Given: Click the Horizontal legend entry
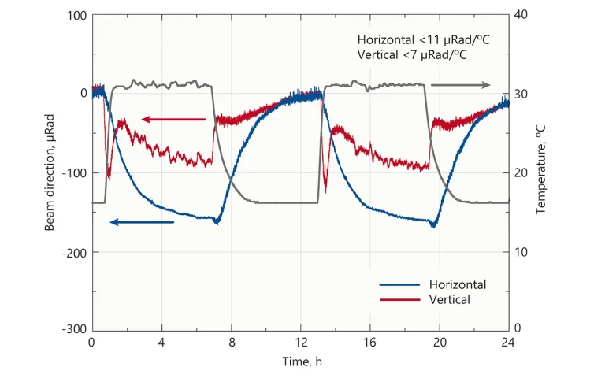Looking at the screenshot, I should click(x=457, y=284).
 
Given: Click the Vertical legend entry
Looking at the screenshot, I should click(x=450, y=299).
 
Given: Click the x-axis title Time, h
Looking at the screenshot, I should click(x=302, y=361).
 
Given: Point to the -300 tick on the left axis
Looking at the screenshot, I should click(x=74, y=329).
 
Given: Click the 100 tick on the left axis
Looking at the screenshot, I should click(x=76, y=15).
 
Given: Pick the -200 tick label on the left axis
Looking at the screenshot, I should click(x=74, y=252).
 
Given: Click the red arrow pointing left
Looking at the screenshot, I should click(x=174, y=120).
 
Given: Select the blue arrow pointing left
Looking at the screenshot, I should click(x=142, y=222).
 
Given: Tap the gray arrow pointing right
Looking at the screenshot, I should click(x=460, y=85).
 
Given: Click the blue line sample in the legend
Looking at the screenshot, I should click(x=399, y=284).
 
